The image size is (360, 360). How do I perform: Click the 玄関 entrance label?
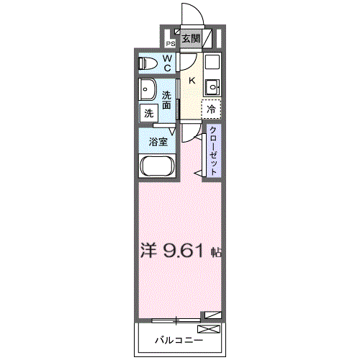[x=190, y=38]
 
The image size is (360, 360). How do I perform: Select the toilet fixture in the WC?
[x=148, y=63]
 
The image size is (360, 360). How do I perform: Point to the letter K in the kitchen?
[x=192, y=81]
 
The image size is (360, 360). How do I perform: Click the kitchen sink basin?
[x=212, y=88]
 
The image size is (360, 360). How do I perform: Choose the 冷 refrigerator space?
[x=211, y=109]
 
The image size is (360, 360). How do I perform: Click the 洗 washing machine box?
[x=148, y=112]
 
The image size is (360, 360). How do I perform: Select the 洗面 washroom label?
[x=167, y=100]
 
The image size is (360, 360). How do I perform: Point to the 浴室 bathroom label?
[x=158, y=142]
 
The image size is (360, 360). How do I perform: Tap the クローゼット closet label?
[x=214, y=150]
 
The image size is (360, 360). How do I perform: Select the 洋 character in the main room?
[x=148, y=252]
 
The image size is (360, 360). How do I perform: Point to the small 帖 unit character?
[x=215, y=253]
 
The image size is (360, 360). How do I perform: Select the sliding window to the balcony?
[x=176, y=318]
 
